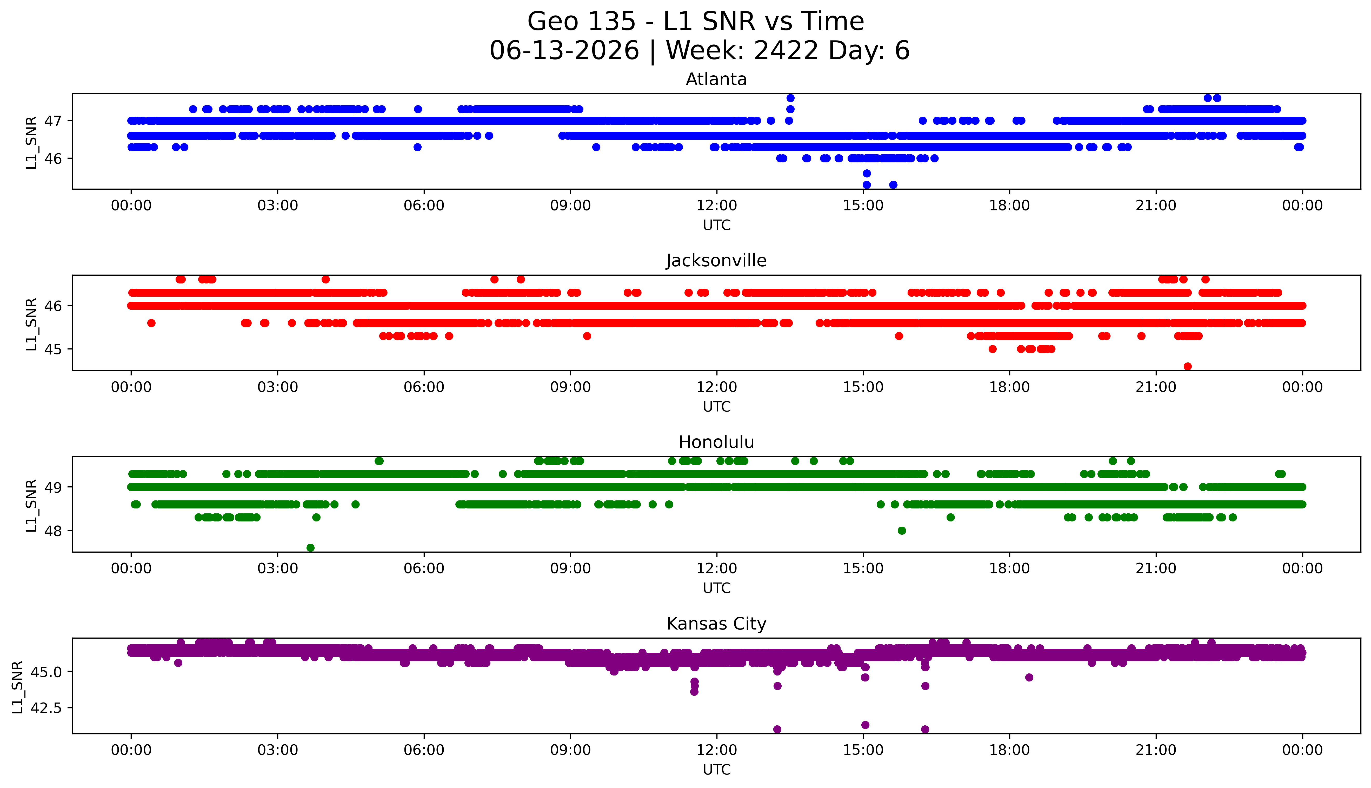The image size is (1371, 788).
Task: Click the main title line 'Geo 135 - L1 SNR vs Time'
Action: point(696,22)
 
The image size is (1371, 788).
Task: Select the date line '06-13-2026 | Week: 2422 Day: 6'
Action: point(700,51)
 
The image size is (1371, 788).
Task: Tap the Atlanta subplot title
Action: point(716,80)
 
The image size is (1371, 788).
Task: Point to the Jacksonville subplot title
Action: point(716,261)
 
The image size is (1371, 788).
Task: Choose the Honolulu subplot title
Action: point(716,442)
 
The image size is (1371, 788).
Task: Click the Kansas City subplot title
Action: point(716,624)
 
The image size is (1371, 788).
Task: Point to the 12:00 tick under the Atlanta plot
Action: point(716,206)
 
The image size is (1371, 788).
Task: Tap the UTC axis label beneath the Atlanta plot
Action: point(716,225)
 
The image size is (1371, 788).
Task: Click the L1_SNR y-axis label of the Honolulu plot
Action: point(31,506)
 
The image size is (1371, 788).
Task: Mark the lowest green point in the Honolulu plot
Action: point(311,548)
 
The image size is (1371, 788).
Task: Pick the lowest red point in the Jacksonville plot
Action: point(1188,366)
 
